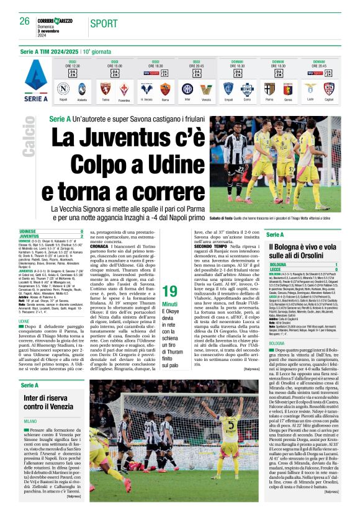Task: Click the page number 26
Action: [25, 21]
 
